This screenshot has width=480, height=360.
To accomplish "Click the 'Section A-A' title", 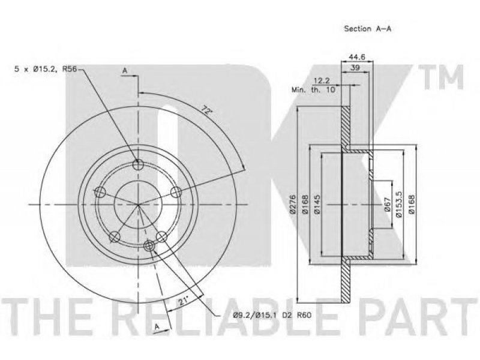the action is (367, 29).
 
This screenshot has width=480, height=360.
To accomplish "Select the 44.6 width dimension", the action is (357, 57).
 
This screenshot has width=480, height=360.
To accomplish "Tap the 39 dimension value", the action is (355, 68).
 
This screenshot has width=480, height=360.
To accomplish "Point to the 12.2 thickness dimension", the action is (321, 81).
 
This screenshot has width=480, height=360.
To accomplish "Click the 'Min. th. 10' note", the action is (313, 89).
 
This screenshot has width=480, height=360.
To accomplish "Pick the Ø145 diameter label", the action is (317, 204).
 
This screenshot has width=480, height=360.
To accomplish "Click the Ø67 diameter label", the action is (387, 204).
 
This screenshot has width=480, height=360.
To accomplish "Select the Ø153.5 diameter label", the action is (399, 204).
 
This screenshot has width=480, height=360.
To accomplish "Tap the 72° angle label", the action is (206, 110).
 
